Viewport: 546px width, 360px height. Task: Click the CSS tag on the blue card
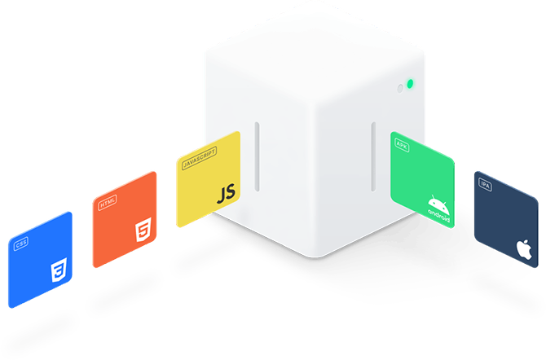click(x=21, y=243)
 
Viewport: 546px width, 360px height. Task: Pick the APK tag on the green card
click(x=401, y=143)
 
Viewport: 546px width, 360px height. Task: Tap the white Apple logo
click(x=525, y=249)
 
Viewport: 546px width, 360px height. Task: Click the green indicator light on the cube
click(x=410, y=83)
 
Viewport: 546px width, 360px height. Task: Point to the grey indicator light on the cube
click(x=399, y=87)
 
